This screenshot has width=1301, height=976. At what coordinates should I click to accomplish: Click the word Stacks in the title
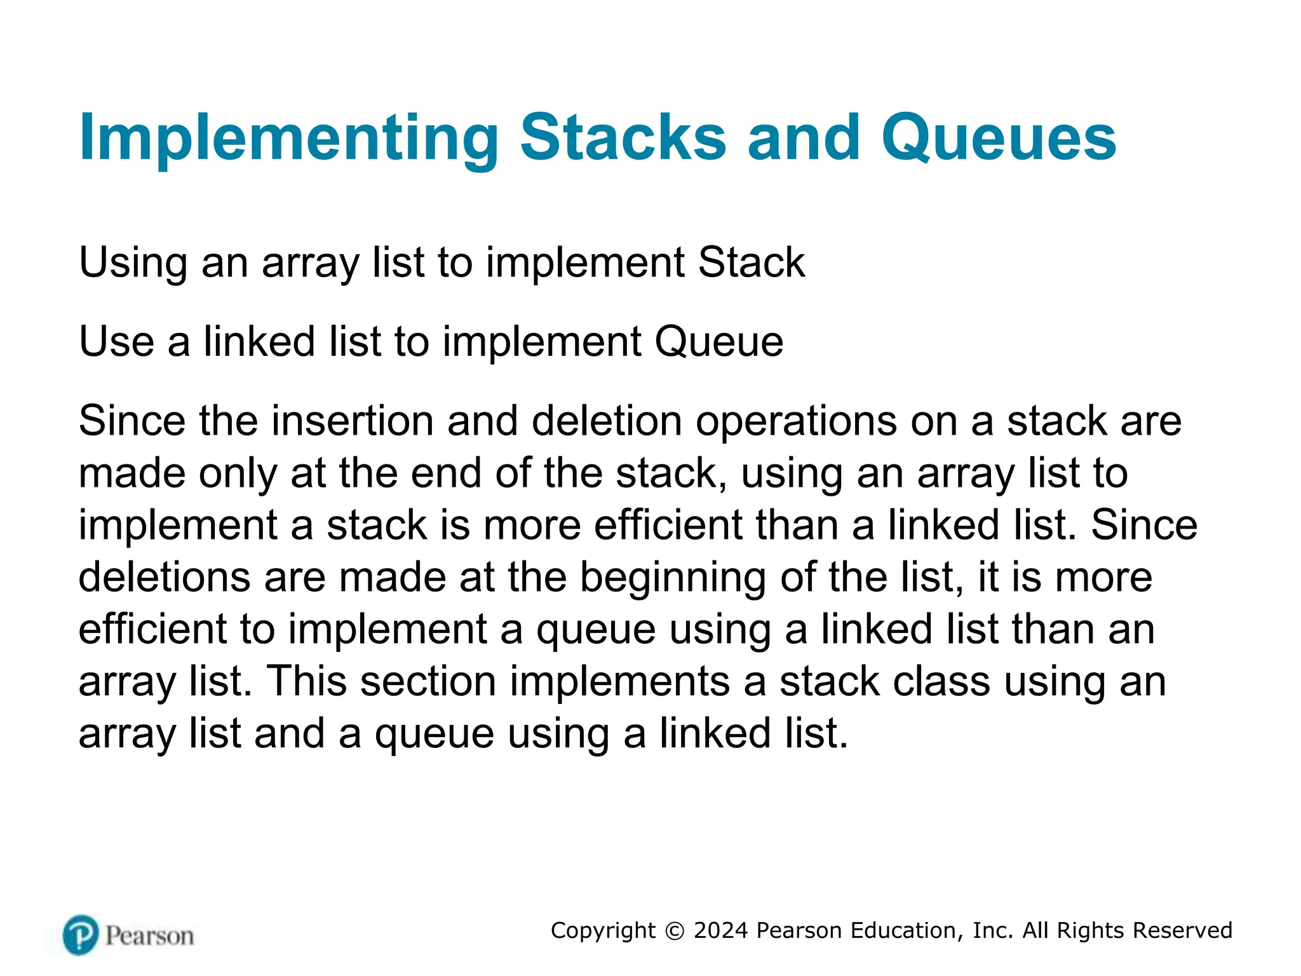pos(623,137)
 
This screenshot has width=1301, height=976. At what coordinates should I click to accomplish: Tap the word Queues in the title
pos(999,139)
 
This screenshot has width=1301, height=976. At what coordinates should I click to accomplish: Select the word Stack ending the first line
pos(752,262)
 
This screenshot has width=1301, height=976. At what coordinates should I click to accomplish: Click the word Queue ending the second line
pos(718,342)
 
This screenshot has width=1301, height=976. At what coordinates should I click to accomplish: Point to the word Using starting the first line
pos(133,262)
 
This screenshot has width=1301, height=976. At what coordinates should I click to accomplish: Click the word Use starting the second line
pos(116,342)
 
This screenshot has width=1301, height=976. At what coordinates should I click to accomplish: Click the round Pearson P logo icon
pos(81,935)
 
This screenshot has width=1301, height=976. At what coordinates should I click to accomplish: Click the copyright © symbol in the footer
pos(675,931)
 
